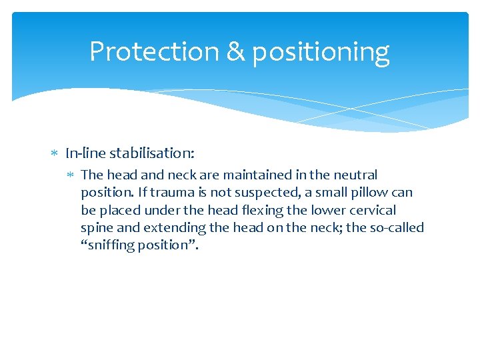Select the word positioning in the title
pos(320,53)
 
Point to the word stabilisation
pos(152,153)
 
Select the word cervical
pos(372,210)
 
